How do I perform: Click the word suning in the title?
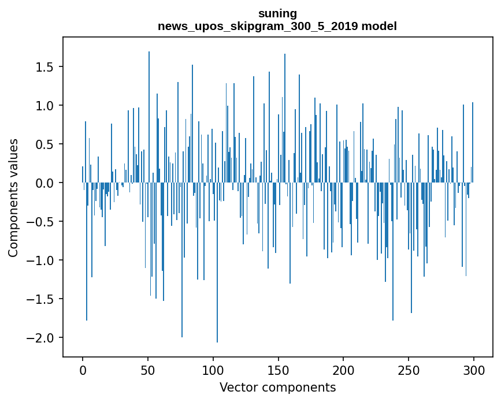277,13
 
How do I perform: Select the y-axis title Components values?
13,198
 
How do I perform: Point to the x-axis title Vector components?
277,388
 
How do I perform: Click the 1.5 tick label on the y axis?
46,67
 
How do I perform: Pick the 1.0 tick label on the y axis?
46,106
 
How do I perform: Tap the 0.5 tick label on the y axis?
46,144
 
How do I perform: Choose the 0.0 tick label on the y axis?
46,183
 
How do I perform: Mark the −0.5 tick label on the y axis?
42,222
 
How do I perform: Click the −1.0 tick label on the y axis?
42,260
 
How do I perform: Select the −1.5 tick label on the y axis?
42,299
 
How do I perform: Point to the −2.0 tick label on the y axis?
42,338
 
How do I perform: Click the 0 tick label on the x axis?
83,370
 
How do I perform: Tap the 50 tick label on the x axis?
148,370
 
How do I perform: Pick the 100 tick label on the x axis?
213,370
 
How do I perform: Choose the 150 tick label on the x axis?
278,370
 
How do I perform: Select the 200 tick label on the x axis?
343,370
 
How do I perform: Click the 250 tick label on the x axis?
409,370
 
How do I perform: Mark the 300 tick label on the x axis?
474,370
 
